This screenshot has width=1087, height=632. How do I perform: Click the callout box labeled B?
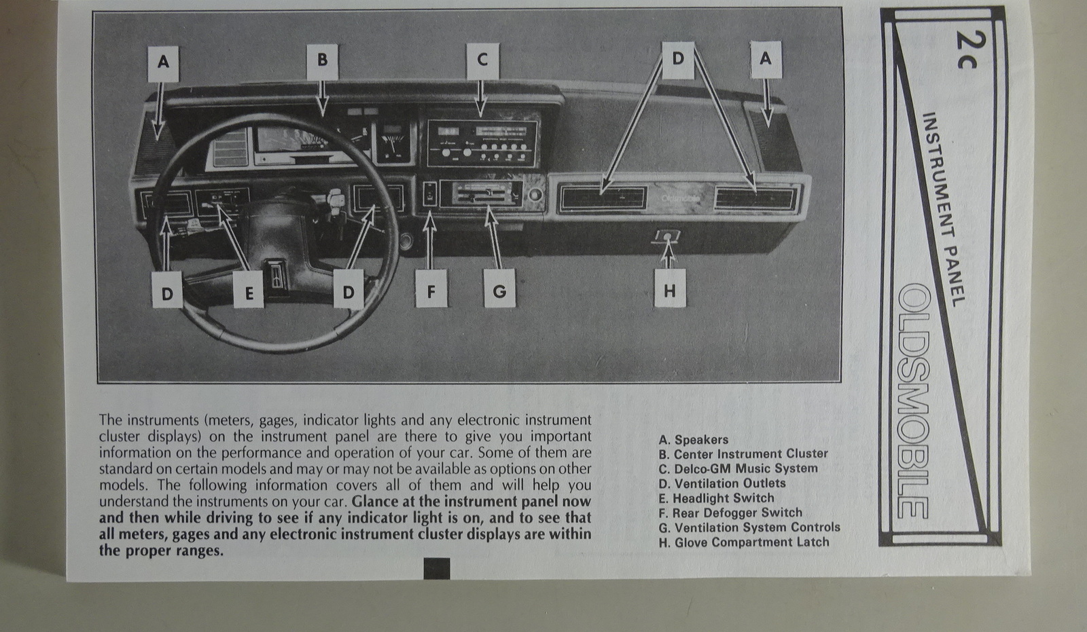pos(322,60)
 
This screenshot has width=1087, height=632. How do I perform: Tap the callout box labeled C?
pos(482,60)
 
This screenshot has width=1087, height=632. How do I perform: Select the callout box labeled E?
pos(249,293)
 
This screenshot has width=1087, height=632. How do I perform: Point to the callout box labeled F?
pos(431,291)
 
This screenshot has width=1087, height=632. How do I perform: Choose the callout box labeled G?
pos(499,291)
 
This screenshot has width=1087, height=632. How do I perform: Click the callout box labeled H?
pos(670,291)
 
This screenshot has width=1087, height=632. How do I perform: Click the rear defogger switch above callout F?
pos(429,194)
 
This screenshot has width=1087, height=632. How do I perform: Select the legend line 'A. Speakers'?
pos(693,440)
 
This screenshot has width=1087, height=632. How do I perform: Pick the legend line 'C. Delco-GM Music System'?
pos(738,468)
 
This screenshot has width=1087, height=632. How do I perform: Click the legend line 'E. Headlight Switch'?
pos(716,498)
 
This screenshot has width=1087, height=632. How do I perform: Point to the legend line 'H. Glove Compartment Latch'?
pos(744,542)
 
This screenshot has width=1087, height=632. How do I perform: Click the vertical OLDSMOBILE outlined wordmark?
pos(913,401)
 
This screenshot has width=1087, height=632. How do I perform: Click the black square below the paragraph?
pos(436,568)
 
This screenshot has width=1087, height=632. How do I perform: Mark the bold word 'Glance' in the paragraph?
pos(374,502)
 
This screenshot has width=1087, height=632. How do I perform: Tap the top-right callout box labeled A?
pos(766,59)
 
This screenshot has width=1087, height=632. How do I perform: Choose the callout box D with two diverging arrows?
pos(678,59)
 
